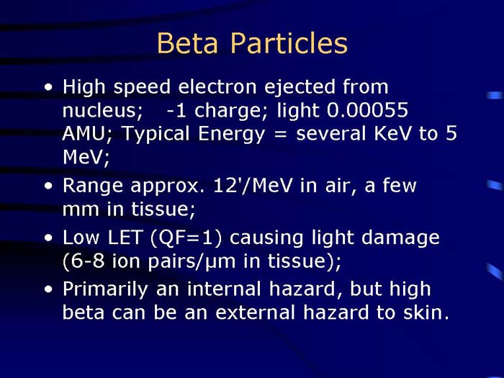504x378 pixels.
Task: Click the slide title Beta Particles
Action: [252, 43]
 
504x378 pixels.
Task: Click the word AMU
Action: [86, 134]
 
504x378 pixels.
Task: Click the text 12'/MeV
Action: [251, 186]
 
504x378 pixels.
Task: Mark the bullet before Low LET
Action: [48, 238]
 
